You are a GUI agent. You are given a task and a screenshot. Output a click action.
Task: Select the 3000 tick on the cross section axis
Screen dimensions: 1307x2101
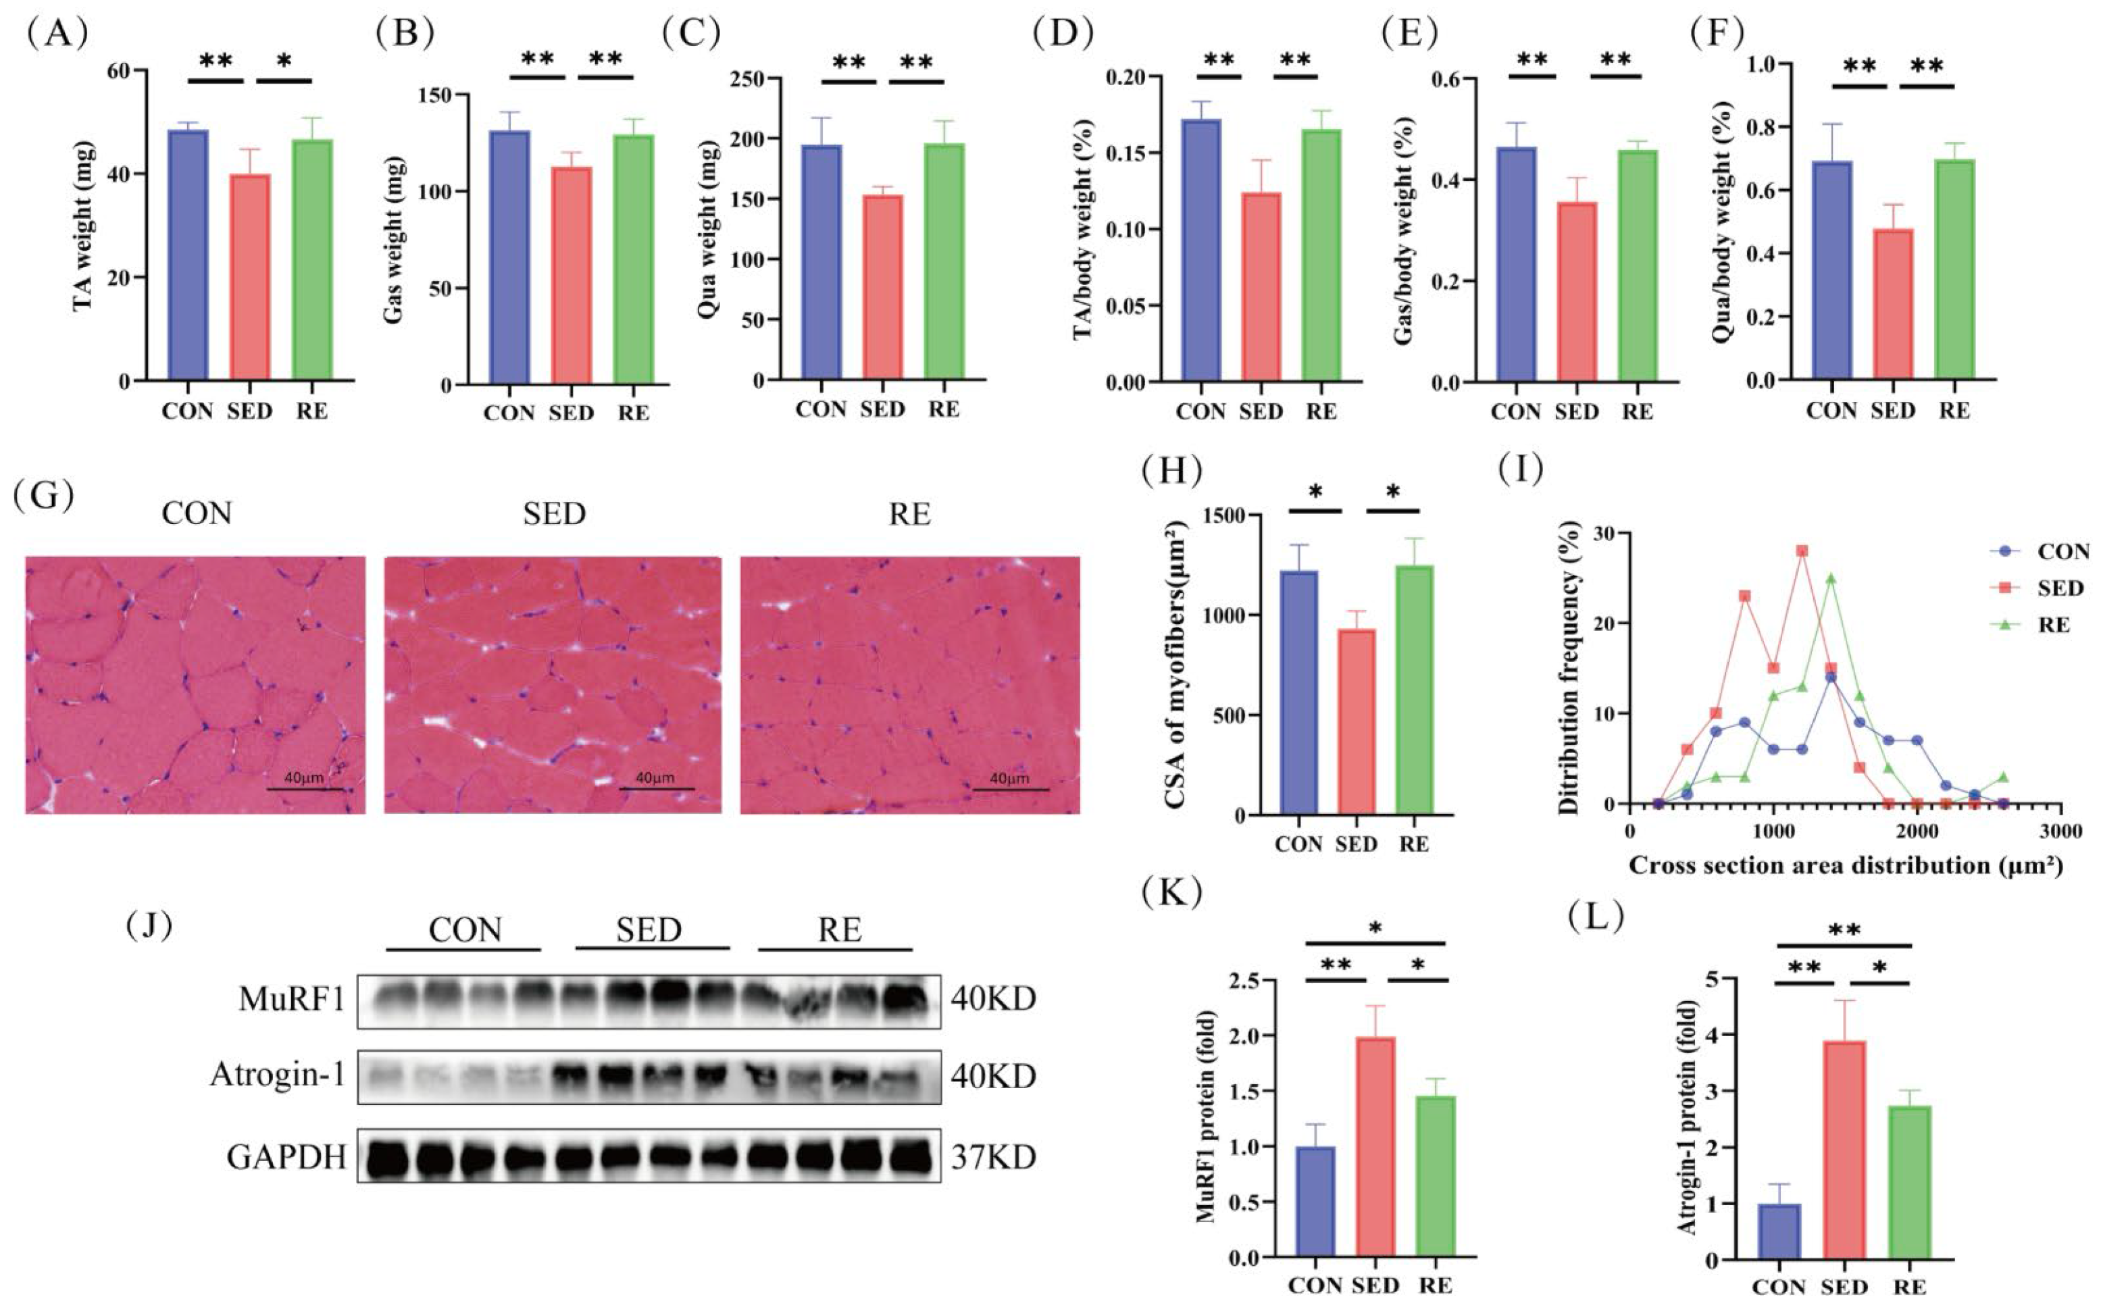point(2060,832)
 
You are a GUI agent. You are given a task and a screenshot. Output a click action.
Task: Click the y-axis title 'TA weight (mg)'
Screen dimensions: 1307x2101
point(84,226)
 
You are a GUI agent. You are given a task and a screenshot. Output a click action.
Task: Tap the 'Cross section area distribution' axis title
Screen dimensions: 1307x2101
point(1845,865)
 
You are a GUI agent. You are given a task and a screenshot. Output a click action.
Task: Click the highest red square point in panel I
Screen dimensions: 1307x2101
point(1802,550)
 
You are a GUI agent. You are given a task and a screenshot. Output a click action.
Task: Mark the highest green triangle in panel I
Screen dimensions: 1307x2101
point(1830,578)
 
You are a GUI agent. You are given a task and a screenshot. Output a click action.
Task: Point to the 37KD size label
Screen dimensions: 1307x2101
point(992,1156)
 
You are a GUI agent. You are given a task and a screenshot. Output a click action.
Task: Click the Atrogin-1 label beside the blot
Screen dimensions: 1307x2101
point(278,1075)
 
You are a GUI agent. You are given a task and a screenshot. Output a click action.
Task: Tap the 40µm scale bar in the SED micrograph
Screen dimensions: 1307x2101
point(656,788)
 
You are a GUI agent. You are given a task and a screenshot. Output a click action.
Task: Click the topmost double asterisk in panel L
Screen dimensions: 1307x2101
point(1844,930)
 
